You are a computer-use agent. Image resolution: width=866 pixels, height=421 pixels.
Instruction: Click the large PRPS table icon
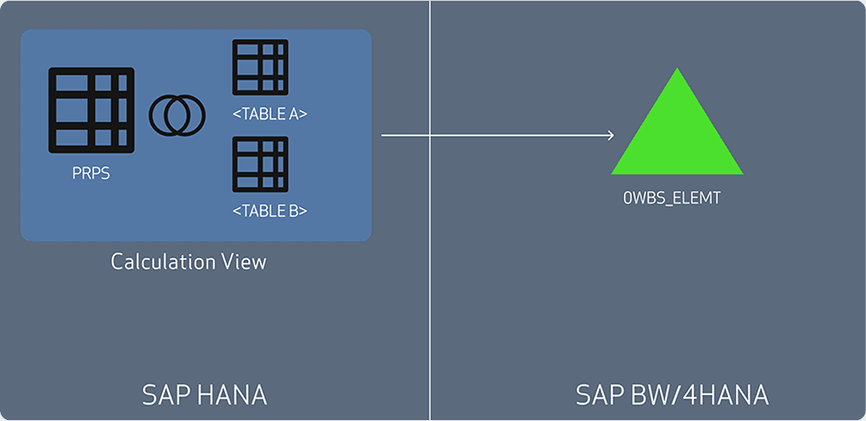coord(91,110)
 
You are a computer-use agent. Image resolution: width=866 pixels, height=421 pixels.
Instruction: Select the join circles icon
coord(178,115)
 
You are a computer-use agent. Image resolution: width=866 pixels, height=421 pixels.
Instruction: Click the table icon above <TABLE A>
coord(260,67)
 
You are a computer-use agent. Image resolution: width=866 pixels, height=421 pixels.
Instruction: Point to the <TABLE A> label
coord(271,114)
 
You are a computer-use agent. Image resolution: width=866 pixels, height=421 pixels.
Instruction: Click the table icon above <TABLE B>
coord(260,164)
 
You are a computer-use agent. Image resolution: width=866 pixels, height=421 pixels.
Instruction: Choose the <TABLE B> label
coord(271,210)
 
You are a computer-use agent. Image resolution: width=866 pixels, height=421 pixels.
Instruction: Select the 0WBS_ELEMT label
coord(671,199)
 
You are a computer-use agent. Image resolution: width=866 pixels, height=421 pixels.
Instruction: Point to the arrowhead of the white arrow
coord(610,135)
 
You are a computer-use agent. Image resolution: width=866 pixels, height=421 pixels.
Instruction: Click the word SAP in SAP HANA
coord(161,395)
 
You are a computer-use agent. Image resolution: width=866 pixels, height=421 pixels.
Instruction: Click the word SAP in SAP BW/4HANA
coord(595,395)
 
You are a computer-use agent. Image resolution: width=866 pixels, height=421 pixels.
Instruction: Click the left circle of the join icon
coord(167,115)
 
